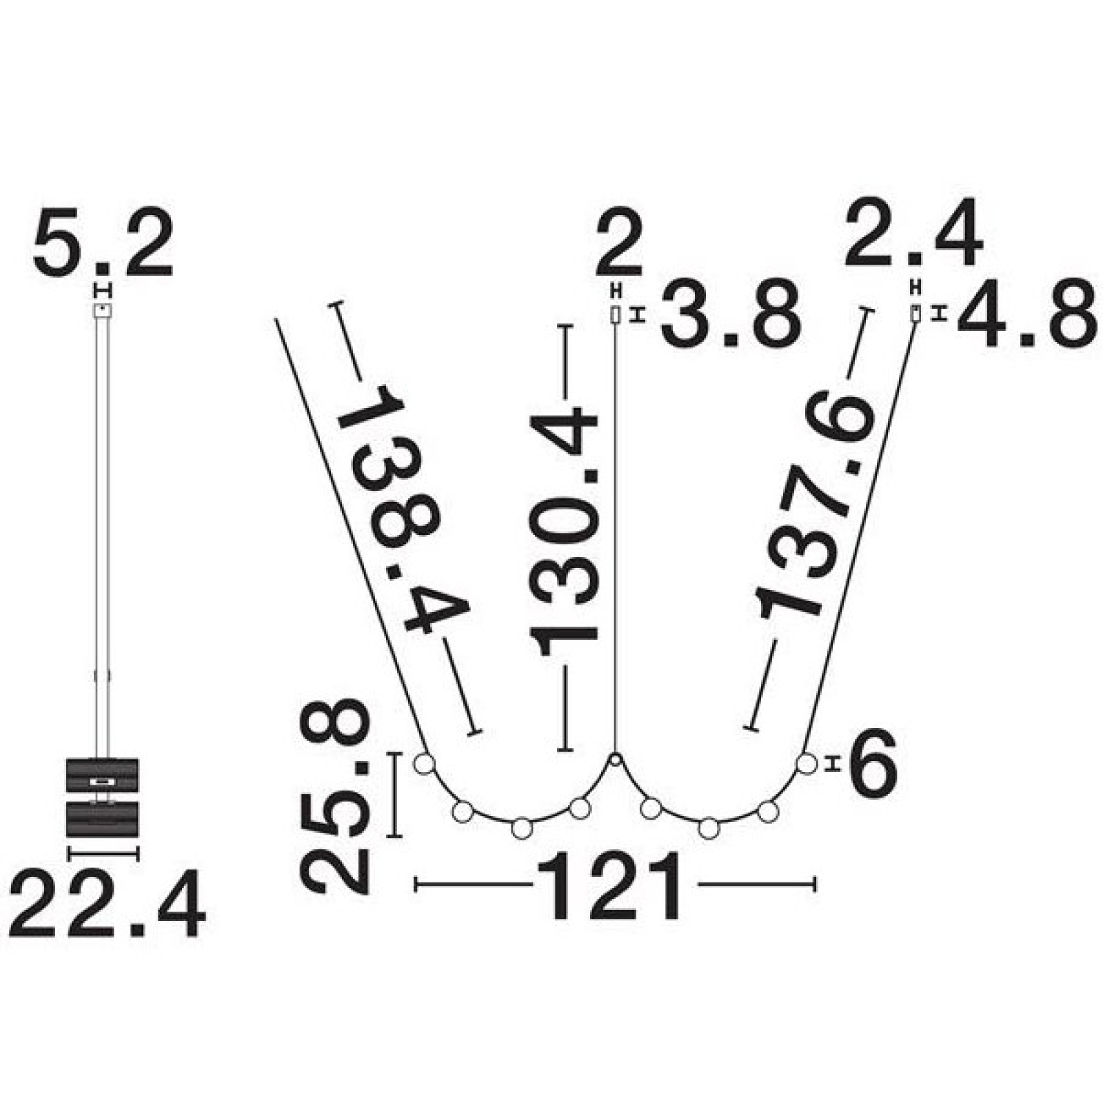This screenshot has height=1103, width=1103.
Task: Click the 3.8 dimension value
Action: (x=731, y=316)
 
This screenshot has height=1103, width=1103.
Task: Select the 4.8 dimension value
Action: (x=1026, y=316)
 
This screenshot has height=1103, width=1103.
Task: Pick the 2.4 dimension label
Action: (x=913, y=234)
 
